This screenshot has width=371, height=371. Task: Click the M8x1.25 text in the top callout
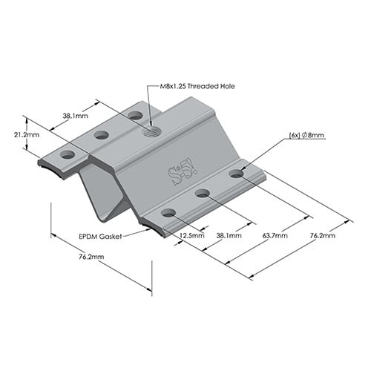click(x=174, y=85)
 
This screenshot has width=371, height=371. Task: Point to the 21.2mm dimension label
click(x=27, y=136)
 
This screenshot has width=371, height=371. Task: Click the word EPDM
click(x=90, y=237)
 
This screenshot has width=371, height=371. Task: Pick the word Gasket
click(x=112, y=237)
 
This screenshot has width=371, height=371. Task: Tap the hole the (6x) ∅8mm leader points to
click(x=236, y=174)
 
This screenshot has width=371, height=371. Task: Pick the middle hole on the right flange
click(x=203, y=193)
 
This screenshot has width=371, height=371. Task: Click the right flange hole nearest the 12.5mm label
click(x=168, y=213)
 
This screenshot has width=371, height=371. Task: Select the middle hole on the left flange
click(x=102, y=135)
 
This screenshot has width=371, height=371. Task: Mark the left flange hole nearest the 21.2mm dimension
click(x=68, y=155)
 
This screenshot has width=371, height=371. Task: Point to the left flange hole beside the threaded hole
click(x=135, y=115)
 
